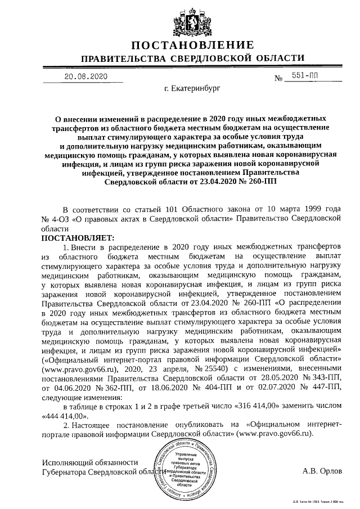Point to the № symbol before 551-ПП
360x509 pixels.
click(x=278, y=79)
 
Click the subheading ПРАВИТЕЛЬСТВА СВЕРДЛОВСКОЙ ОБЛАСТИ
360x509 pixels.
click(x=192, y=59)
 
